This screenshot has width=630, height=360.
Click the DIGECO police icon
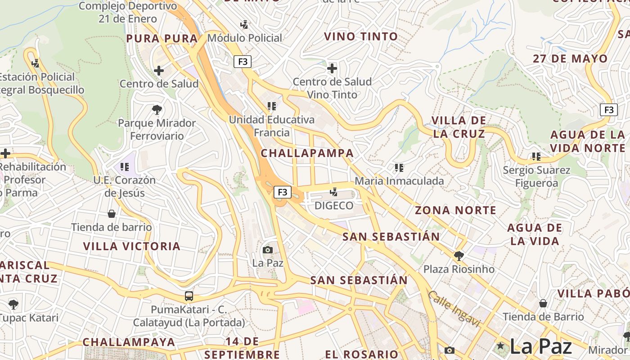(x=333, y=193)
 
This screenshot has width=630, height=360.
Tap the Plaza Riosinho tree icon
(x=459, y=256)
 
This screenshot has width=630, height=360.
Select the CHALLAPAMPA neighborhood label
(x=307, y=153)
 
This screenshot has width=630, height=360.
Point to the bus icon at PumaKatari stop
(x=189, y=296)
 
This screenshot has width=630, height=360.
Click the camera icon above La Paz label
(x=268, y=250)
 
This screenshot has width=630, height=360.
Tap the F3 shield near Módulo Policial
(x=242, y=62)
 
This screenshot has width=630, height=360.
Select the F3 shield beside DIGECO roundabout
(x=282, y=192)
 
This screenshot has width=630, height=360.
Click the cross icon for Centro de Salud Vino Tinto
(x=332, y=69)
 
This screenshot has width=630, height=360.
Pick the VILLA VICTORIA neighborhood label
(x=132, y=246)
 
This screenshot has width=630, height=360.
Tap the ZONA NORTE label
(x=455, y=210)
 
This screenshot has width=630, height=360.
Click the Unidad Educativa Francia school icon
(x=271, y=106)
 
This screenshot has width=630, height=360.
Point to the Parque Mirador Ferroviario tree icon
(x=157, y=109)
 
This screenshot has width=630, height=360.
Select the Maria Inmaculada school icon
(x=399, y=168)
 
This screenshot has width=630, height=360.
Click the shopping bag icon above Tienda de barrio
(x=111, y=214)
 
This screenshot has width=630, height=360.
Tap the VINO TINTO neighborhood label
(x=361, y=36)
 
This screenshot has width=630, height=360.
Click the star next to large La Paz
(x=500, y=346)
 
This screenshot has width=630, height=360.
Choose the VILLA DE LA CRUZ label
(x=459, y=127)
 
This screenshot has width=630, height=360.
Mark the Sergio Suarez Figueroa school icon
(x=536, y=157)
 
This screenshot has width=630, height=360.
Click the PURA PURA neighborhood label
(x=162, y=39)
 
